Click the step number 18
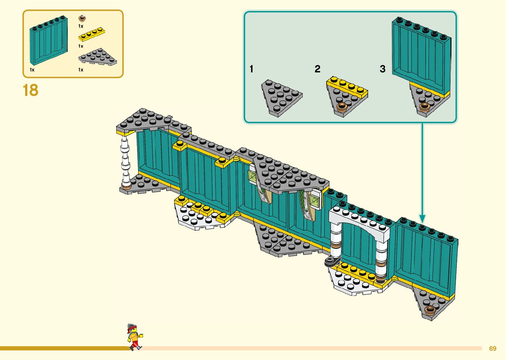(x=30, y=90)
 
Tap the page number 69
(x=492, y=348)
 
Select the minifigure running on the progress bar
(x=134, y=337)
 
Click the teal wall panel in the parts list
(x=48, y=40)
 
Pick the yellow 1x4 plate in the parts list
(x=92, y=34)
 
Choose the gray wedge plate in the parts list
(x=98, y=57)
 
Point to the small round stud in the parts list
(x=82, y=18)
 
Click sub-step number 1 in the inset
(x=252, y=69)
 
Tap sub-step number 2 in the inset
(x=317, y=69)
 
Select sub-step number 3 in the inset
(x=382, y=69)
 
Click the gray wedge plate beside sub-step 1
(x=281, y=97)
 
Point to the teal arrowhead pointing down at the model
(x=422, y=218)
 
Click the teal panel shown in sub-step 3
(x=421, y=55)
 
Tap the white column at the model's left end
(x=125, y=162)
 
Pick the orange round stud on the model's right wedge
(x=430, y=310)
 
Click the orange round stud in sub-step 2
(x=341, y=107)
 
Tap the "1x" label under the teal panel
(x=32, y=70)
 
